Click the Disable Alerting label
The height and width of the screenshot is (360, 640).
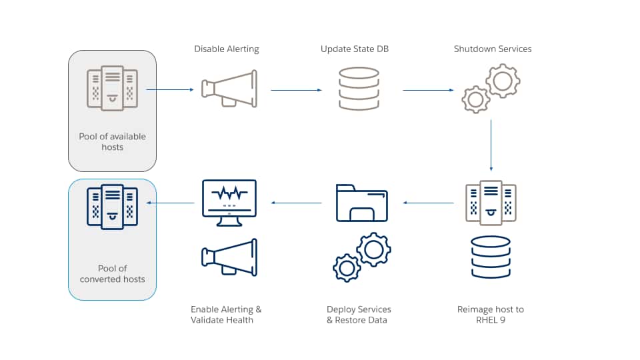click(x=227, y=49)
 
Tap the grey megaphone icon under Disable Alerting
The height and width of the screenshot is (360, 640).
click(x=229, y=89)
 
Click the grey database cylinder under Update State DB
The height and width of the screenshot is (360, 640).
click(x=359, y=89)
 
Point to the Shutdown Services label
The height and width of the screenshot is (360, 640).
click(x=493, y=49)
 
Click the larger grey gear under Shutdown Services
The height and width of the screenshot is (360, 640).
click(x=503, y=81)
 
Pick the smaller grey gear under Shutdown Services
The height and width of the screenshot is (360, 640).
click(x=476, y=99)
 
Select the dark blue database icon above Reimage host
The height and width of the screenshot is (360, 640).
click(x=491, y=257)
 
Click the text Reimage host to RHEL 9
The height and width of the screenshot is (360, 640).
click(x=491, y=315)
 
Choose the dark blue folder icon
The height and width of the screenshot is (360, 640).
click(x=361, y=203)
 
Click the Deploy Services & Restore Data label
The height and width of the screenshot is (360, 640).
click(x=359, y=315)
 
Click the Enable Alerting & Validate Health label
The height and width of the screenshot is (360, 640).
click(x=226, y=315)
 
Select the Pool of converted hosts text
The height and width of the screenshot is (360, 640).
click(x=112, y=274)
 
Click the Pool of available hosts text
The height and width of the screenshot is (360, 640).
click(x=112, y=141)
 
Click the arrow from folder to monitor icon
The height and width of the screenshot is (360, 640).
click(x=296, y=203)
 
